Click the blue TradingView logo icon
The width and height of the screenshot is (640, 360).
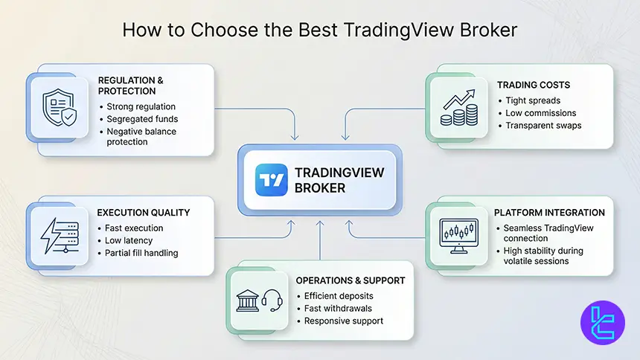271,179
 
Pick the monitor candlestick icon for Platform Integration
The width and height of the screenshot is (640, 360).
458,232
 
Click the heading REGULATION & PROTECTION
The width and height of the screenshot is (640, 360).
131,86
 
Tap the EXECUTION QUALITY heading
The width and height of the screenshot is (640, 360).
144,213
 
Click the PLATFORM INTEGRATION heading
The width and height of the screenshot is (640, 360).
549,213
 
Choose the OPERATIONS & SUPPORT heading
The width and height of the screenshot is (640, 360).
351,280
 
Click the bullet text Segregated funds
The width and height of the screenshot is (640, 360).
142,119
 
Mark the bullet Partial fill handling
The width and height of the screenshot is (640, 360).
142,253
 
